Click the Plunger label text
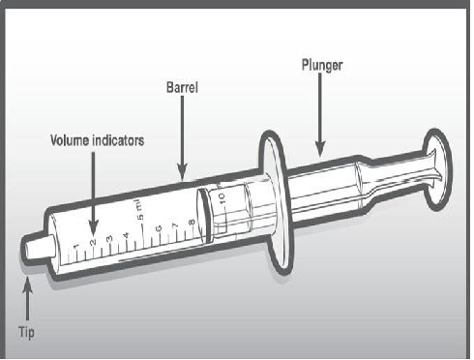[322, 65]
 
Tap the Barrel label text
[182, 87]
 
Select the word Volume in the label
[70, 140]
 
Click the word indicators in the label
[118, 140]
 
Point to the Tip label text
[26, 332]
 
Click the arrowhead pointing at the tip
[27, 284]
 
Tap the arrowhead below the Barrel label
[182, 171]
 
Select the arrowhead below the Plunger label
[320, 149]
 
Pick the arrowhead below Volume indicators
[93, 227]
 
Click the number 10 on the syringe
[222, 197]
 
